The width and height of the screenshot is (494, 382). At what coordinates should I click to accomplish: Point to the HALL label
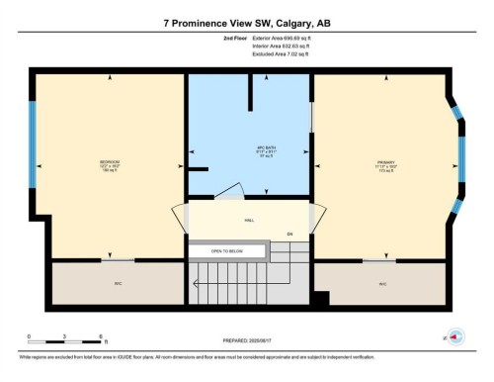(x=249, y=222)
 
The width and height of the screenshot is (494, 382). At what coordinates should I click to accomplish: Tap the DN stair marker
(x=289, y=234)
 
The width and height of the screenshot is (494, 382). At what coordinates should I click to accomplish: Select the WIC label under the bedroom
(x=117, y=283)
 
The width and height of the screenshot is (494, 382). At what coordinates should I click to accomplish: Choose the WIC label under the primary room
(x=382, y=283)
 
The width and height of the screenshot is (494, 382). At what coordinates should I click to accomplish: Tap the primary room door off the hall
(x=316, y=219)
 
